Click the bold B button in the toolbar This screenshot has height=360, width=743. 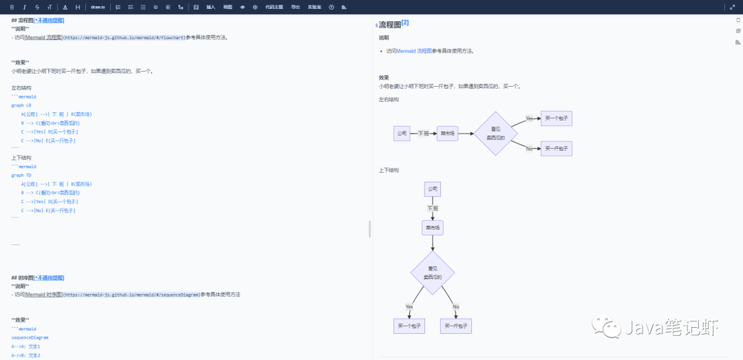coord(12,7)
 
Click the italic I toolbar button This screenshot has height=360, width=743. coord(24,7)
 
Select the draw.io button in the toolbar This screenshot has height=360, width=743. coord(98,7)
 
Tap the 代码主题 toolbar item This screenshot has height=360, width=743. coord(274,7)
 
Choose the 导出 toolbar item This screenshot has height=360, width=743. coord(295,7)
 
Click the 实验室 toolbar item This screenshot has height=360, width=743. coord(314,7)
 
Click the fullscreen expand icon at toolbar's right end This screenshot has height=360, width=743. coord(732,7)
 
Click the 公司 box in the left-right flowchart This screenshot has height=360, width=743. coord(402,134)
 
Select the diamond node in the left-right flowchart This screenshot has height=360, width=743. coord(495,134)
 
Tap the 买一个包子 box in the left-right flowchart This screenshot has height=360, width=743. coord(556,118)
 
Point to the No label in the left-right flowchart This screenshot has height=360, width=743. coord(530,149)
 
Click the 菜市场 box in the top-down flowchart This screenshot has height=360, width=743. coord(433,227)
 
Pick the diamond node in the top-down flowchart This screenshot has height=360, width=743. coord(433,273)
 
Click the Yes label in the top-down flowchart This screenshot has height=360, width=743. coord(409,306)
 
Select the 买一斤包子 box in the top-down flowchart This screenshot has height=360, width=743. coord(455,326)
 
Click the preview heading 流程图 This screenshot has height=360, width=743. coord(390,24)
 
